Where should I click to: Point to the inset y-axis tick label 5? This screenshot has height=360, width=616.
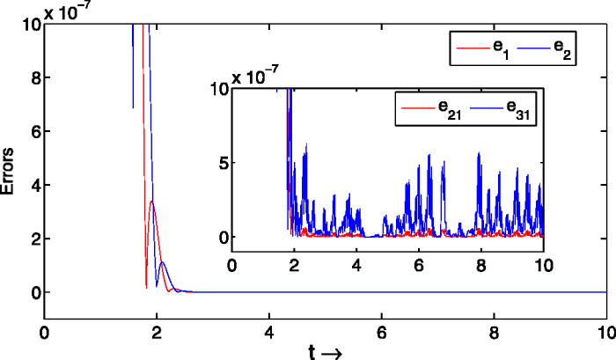click(224, 162)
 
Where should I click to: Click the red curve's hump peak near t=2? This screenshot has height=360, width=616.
click(151, 202)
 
